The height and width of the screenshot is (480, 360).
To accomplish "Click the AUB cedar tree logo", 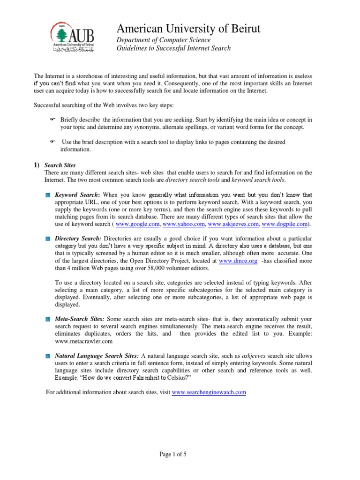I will [59, 33].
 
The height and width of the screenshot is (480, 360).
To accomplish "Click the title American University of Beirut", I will [188, 29].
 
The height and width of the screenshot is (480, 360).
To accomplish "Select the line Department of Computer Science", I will [163, 40].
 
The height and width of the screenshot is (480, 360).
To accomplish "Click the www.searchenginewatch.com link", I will [209, 392].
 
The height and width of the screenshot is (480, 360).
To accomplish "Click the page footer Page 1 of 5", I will [180, 454].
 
